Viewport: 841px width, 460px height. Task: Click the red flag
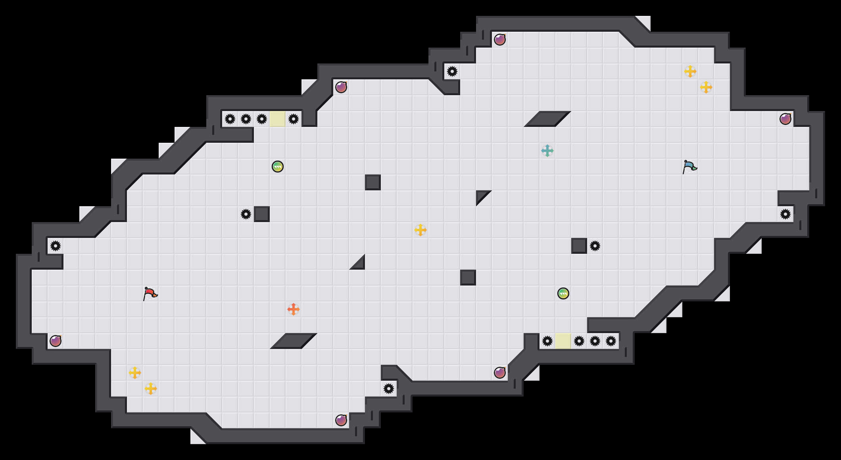(150, 294)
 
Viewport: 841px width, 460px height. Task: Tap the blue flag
(689, 167)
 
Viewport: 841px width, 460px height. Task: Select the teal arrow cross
(547, 151)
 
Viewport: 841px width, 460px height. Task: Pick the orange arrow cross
(294, 309)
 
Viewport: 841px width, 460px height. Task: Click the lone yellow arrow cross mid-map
(420, 230)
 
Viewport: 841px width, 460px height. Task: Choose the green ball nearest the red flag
(278, 167)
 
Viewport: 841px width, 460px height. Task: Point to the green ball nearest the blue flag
(563, 293)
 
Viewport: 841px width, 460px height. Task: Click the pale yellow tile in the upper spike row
(278, 119)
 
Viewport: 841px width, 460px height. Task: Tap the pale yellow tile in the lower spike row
(563, 341)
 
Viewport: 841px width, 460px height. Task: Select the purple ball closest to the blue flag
(785, 119)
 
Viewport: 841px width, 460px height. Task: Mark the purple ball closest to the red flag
(56, 341)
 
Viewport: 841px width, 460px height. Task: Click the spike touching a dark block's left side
(246, 214)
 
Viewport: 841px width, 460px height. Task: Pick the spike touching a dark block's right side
(595, 246)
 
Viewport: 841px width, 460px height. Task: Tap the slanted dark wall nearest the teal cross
(547, 119)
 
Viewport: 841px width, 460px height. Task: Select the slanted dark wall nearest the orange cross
(294, 341)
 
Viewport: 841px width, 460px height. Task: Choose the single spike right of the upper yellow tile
(294, 119)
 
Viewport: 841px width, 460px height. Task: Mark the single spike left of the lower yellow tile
(547, 341)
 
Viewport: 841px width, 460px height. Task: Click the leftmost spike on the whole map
(56, 246)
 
